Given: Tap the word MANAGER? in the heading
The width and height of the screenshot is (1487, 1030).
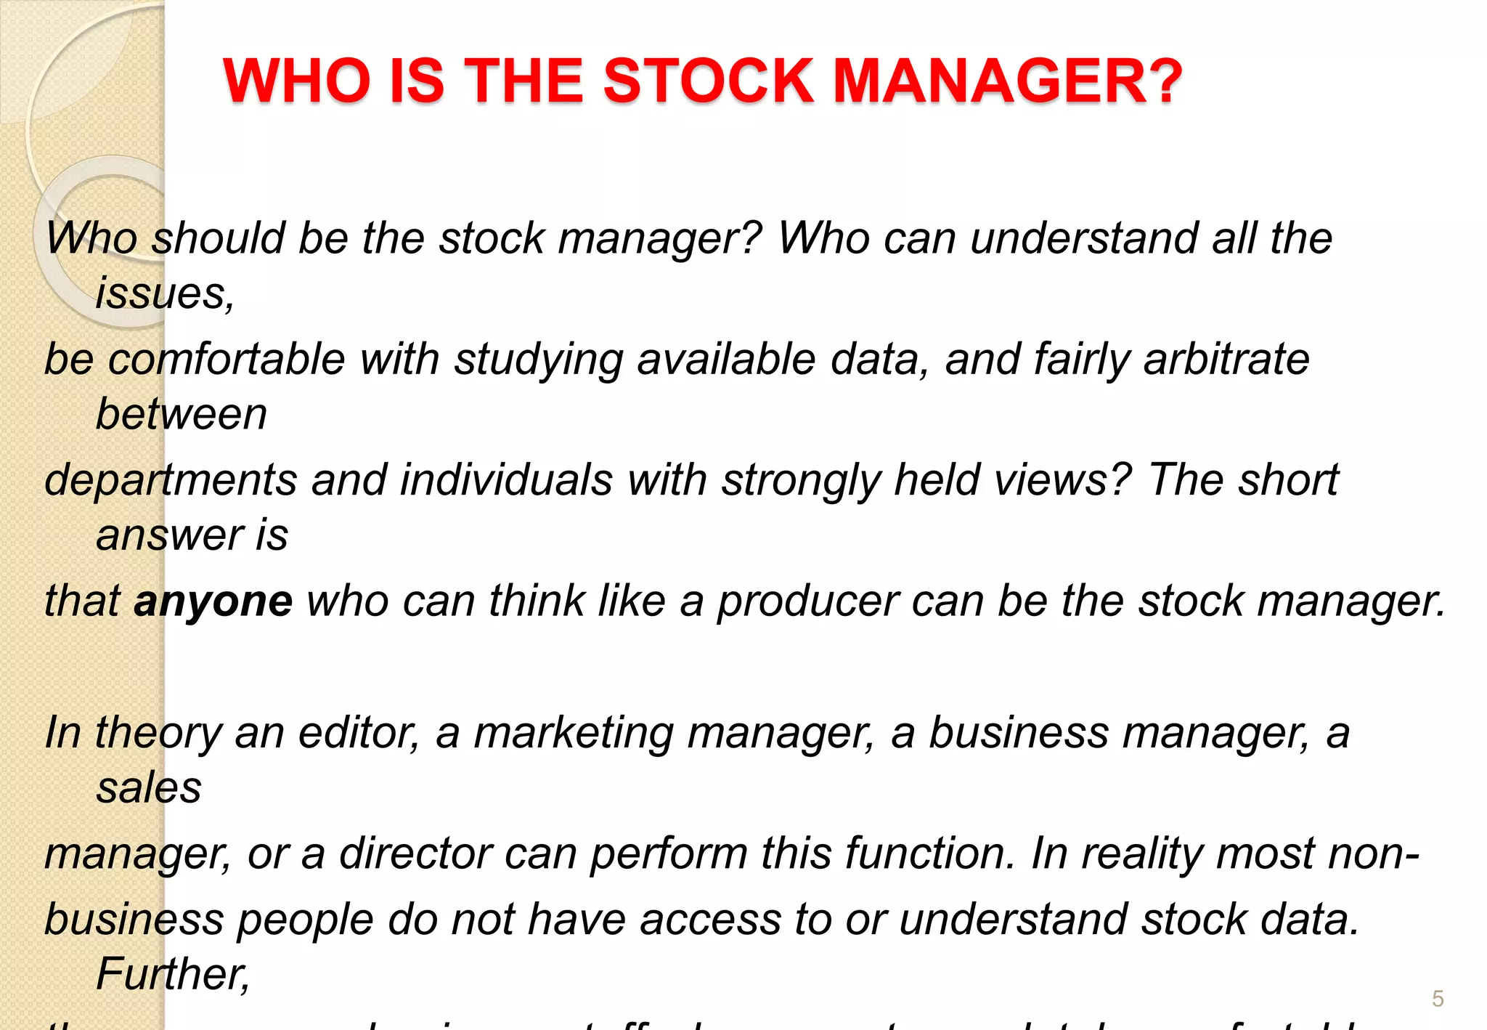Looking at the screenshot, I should [x=1009, y=81].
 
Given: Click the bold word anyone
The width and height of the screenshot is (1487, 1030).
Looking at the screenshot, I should [x=213, y=602].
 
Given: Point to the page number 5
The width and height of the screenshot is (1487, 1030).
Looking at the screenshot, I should [x=1438, y=999].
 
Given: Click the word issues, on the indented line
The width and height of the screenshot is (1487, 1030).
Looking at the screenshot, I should [x=166, y=294].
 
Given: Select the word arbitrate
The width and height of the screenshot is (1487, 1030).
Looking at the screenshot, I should [x=1226, y=360].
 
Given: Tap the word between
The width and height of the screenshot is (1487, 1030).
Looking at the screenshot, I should [x=182, y=415].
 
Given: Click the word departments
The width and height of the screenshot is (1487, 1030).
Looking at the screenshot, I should [x=171, y=481].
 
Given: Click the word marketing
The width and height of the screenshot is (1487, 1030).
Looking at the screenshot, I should [x=574, y=733].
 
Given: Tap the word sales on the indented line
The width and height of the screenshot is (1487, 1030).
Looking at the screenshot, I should [x=149, y=788].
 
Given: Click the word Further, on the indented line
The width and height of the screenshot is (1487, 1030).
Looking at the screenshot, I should [x=173, y=974].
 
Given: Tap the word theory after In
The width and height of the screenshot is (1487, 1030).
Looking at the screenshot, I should [x=158, y=733].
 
